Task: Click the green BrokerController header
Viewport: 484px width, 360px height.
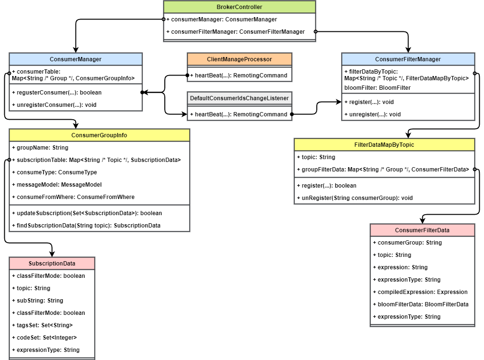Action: click(x=239, y=7)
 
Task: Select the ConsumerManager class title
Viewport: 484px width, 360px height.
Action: click(x=76, y=59)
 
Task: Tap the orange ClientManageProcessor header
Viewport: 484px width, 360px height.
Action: click(x=239, y=59)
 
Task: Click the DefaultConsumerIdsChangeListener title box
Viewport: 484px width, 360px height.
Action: click(x=239, y=98)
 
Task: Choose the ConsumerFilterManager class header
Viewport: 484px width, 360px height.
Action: click(x=408, y=59)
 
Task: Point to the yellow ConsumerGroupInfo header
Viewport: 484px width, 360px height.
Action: click(x=99, y=135)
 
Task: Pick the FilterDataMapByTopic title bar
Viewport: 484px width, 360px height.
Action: click(x=384, y=145)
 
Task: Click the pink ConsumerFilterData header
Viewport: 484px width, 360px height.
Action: click(x=422, y=230)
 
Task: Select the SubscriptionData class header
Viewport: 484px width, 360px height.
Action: click(x=52, y=264)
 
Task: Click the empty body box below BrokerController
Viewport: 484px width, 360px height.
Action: click(x=239, y=27)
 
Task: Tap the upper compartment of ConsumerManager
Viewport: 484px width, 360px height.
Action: click(x=76, y=75)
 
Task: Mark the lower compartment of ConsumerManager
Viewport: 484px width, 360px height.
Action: click(x=76, y=97)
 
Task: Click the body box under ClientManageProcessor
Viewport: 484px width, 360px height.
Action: click(x=239, y=75)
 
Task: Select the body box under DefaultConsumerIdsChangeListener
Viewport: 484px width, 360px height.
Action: click(x=239, y=113)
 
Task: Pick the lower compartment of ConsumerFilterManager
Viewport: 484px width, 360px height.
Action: click(x=408, y=107)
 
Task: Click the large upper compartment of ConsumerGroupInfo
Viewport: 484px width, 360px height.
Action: click(x=99, y=173)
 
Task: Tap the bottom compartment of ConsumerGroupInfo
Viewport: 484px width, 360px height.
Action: click(x=99, y=218)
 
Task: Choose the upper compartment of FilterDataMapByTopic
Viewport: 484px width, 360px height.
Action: click(x=384, y=164)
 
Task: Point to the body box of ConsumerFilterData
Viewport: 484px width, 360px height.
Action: click(x=422, y=280)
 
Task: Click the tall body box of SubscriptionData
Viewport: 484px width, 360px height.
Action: click(x=52, y=313)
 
